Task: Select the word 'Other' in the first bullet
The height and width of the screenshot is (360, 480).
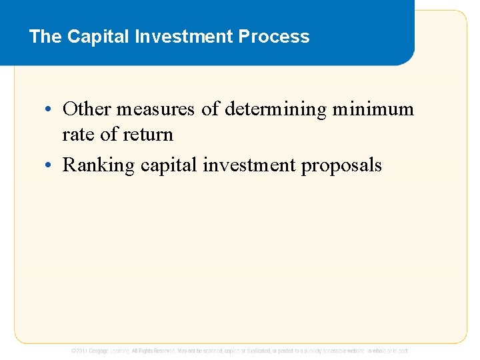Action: coord(87,109)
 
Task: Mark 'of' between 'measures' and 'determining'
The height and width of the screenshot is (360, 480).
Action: coord(211,109)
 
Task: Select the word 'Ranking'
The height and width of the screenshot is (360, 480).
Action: coord(99,165)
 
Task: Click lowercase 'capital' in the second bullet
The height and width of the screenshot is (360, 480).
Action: coord(169,165)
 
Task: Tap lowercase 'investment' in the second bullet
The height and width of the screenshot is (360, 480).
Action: coord(249,165)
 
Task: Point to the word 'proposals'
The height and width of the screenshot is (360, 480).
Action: coord(342,165)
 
